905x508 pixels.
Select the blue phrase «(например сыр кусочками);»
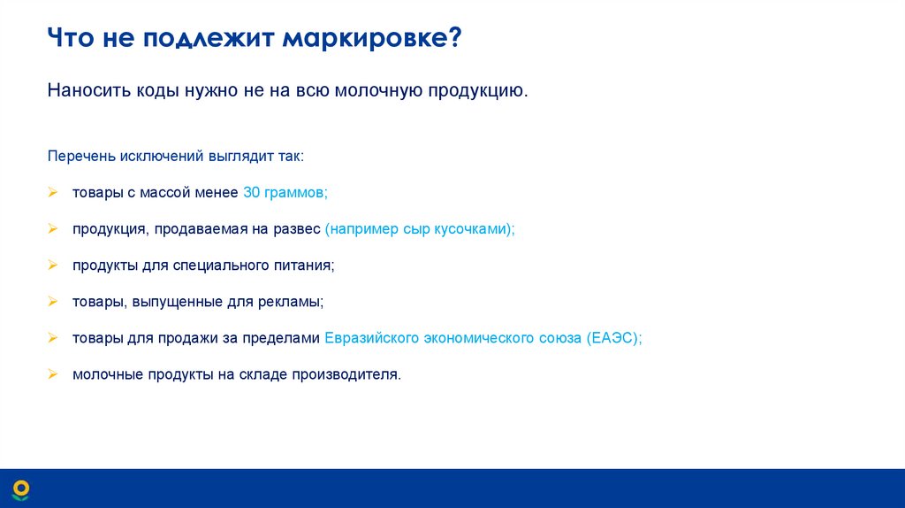pyautogui.click(x=419, y=228)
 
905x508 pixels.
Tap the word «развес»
pyautogui.click(x=300, y=228)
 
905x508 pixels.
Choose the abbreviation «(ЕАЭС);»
pyautogui.click(x=613, y=338)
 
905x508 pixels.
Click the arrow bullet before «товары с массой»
pyautogui.click(x=53, y=192)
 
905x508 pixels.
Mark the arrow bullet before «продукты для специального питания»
pyautogui.click(x=53, y=265)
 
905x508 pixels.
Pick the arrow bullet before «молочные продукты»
pyautogui.click(x=53, y=374)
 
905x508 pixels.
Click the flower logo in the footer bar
pyautogui.click(x=19, y=489)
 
